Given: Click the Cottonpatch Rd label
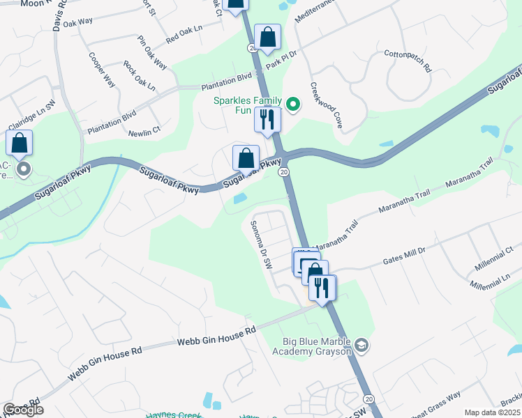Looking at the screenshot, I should click(x=408, y=61).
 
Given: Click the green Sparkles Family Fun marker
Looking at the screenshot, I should click(x=294, y=105).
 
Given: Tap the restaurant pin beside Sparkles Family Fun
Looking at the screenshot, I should click(x=267, y=119).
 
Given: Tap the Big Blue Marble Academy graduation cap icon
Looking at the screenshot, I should click(x=361, y=346).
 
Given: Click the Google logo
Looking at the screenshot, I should click(x=22, y=410).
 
